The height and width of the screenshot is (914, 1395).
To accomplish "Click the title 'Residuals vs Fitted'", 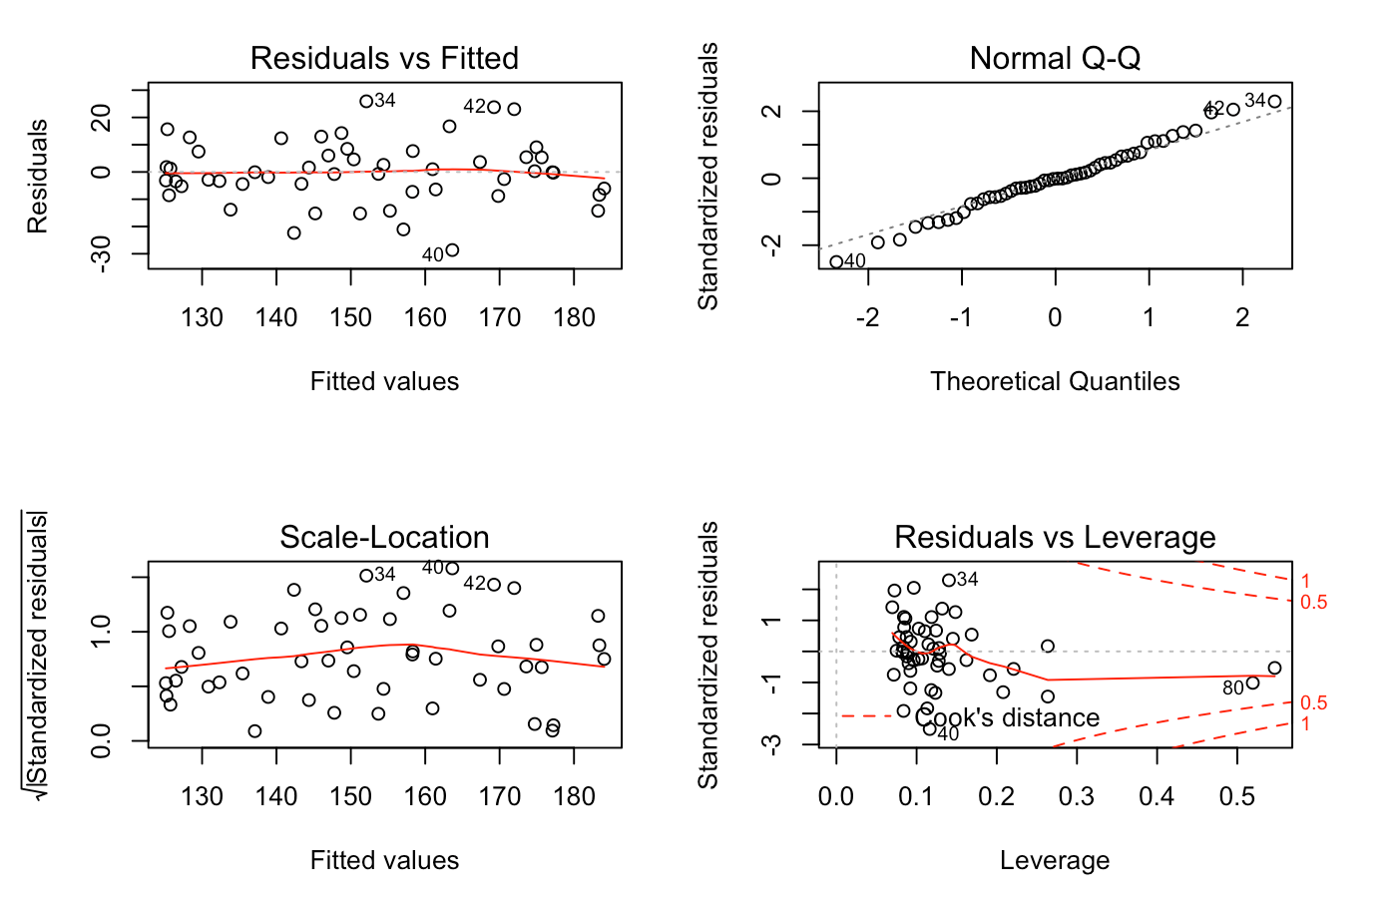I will point(384,58).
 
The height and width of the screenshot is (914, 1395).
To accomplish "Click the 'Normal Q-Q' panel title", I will point(1055,58).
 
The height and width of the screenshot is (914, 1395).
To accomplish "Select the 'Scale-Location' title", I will point(384,537).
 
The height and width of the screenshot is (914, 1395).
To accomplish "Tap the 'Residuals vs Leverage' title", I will point(1055,537).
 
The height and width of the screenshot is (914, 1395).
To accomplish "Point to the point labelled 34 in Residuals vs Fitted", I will point(366,101).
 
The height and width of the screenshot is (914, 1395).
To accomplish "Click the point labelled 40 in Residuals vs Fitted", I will point(452,250).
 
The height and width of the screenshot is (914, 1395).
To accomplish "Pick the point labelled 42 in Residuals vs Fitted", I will point(494,107).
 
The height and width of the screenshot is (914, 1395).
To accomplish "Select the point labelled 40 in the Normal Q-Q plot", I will point(836,262).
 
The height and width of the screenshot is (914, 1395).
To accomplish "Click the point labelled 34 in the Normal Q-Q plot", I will point(1274,102).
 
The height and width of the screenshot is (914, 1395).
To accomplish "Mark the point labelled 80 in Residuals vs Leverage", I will point(1252,684).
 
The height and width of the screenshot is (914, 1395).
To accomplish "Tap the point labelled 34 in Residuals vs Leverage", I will point(948,580).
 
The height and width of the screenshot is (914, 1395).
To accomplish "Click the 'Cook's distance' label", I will point(1007,717).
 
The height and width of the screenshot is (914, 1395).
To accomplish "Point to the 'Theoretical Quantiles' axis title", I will point(1055,381).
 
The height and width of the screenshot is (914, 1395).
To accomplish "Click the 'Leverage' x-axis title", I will point(1055,860).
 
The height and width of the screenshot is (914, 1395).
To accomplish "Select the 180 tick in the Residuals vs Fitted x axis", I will point(574,317).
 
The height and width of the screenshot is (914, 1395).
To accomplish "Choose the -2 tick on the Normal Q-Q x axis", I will point(868,317).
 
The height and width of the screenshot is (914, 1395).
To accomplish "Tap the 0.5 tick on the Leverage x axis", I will point(1237,796).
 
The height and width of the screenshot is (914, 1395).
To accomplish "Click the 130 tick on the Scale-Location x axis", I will point(202,796).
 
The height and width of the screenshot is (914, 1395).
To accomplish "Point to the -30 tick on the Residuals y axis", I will point(101,254).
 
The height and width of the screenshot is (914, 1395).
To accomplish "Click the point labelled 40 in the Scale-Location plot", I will point(452,569).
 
